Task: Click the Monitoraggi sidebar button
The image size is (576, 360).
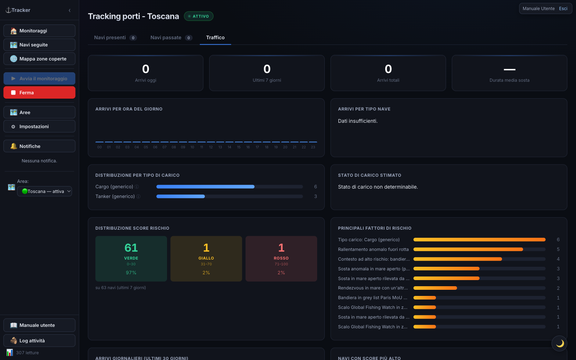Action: [x=39, y=31]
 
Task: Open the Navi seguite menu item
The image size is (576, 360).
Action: [x=39, y=45]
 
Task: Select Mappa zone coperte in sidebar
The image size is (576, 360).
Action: [x=39, y=59]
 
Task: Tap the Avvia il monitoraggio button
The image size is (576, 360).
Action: [x=39, y=79]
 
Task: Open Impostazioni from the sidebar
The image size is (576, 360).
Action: [x=39, y=126]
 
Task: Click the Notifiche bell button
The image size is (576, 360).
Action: [x=39, y=146]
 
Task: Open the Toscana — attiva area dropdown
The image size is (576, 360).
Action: [x=45, y=191]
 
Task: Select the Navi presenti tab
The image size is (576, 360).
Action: [x=115, y=37]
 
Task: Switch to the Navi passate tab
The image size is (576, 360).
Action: [x=171, y=37]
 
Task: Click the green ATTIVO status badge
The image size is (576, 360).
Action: [x=198, y=16]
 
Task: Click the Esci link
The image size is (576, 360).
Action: [x=563, y=9]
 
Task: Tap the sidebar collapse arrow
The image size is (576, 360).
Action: [x=70, y=10]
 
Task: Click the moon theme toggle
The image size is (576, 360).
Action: [x=559, y=343]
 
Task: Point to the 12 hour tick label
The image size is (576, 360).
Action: [x=211, y=147]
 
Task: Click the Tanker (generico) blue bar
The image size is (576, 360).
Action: [x=180, y=197]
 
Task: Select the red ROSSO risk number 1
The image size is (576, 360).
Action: [x=281, y=248]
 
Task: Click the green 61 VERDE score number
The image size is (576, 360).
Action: [x=131, y=248]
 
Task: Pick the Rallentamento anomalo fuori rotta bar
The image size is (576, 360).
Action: [x=468, y=249]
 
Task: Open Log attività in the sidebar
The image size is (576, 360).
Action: [x=39, y=341]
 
